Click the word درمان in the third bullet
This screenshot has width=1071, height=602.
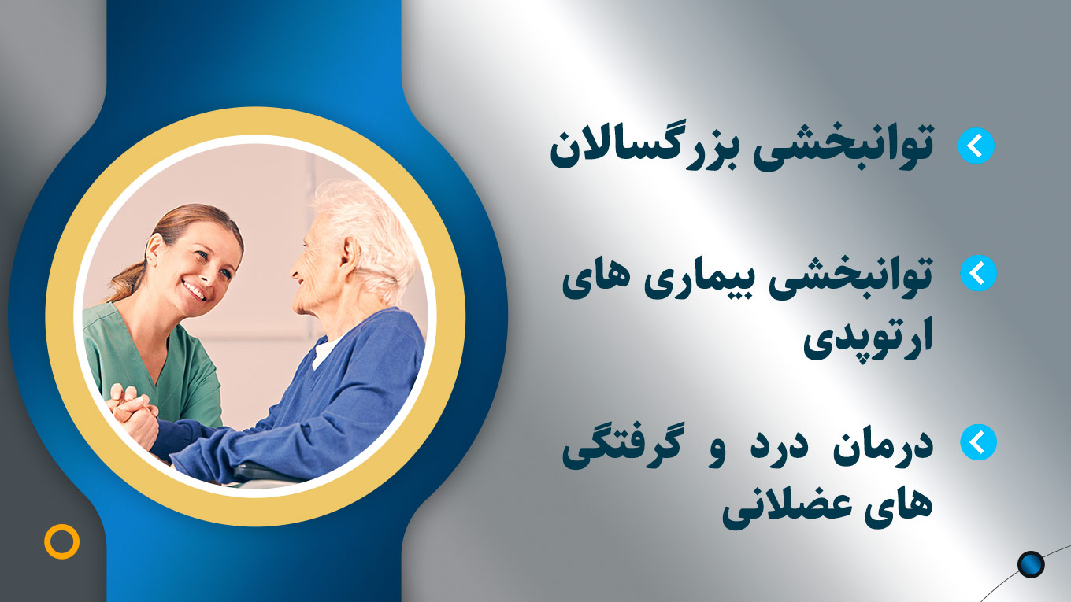[x=883, y=449]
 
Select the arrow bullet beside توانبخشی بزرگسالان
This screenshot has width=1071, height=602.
[x=976, y=146]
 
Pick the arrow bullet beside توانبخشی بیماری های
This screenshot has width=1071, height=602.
[x=978, y=273]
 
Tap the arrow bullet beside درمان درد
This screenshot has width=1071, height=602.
[x=978, y=442]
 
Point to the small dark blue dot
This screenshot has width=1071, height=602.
[x=1031, y=564]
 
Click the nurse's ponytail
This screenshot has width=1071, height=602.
[x=126, y=282]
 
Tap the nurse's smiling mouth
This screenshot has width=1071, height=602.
[x=194, y=290]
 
